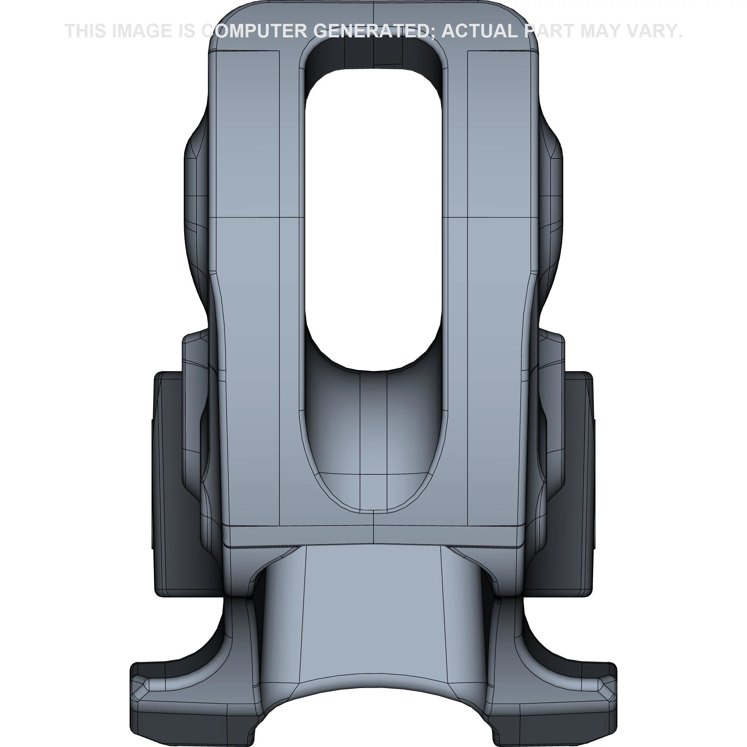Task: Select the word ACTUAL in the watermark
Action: pos(480,31)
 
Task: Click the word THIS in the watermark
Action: pos(85,31)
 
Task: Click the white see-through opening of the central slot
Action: pos(373,217)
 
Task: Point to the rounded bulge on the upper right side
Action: pos(551,217)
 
